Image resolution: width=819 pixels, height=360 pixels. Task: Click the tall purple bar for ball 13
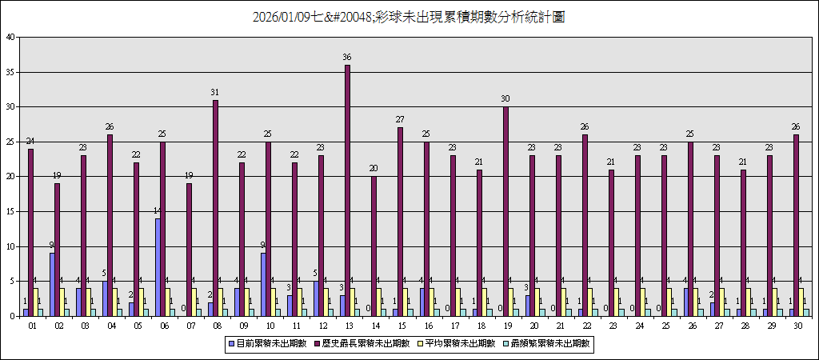pyautogui.click(x=348, y=190)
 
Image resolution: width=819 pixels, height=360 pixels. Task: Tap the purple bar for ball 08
pyautogui.click(x=215, y=208)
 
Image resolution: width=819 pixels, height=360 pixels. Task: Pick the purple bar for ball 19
pyautogui.click(x=506, y=211)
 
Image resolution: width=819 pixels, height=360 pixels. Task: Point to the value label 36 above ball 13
pyautogui.click(x=347, y=57)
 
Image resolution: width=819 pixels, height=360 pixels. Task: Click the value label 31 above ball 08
pyautogui.click(x=214, y=92)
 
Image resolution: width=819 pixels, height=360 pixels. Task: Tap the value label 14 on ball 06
pyautogui.click(x=158, y=210)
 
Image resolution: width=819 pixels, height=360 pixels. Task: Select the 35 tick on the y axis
pyautogui.click(x=10, y=72)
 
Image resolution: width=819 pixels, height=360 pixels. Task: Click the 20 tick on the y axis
pyautogui.click(x=10, y=177)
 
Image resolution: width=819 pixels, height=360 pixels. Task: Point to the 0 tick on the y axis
pyautogui.click(x=12, y=316)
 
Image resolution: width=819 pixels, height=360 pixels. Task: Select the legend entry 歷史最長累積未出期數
pyautogui.click(x=364, y=343)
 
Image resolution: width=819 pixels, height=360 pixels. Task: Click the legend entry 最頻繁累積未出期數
pyautogui.click(x=553, y=343)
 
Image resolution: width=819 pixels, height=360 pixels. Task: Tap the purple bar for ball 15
pyautogui.click(x=401, y=222)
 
